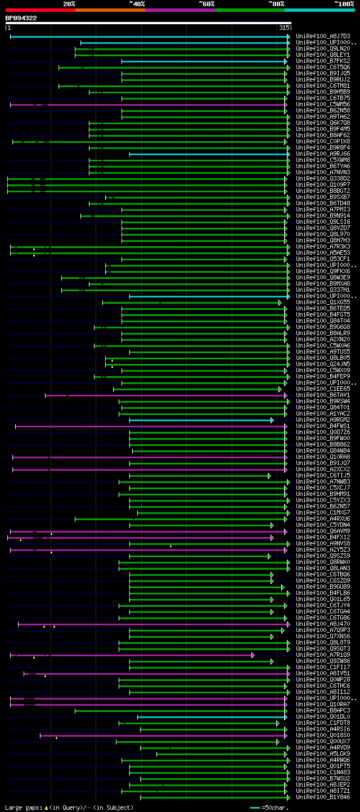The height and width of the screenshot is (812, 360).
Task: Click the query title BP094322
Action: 21,18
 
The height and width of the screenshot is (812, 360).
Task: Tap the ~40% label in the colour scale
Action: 137,3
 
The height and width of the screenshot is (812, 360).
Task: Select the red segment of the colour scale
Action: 40,10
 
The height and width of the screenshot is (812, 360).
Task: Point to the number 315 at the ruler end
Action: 284,28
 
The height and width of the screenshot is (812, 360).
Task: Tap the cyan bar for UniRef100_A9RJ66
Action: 208,154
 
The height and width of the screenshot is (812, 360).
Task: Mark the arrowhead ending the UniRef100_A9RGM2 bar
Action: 272,420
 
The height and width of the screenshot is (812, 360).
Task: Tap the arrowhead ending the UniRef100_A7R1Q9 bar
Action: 253,655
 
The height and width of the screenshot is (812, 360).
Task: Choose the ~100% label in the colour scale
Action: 344,3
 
